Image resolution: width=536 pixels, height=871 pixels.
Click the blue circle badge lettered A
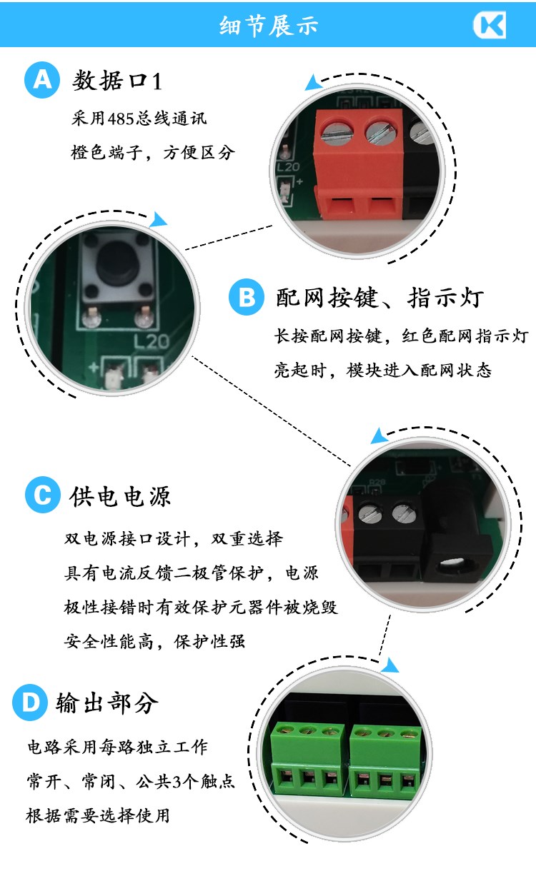click(x=42, y=80)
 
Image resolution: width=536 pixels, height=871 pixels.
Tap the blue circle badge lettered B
click(x=247, y=297)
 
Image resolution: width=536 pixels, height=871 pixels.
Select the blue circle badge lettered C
click(x=43, y=495)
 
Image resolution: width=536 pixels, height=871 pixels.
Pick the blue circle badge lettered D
click(x=30, y=703)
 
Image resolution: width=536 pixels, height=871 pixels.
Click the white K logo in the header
click(x=490, y=24)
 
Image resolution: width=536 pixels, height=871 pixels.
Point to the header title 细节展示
click(x=269, y=26)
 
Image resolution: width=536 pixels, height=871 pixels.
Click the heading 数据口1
click(x=117, y=81)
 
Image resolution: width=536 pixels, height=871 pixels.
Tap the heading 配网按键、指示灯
click(x=380, y=298)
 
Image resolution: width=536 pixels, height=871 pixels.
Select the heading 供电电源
click(x=120, y=497)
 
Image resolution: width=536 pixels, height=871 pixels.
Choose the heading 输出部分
click(x=107, y=703)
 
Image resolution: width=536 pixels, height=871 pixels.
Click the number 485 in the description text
click(x=121, y=119)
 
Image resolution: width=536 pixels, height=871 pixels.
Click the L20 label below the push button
click(x=152, y=341)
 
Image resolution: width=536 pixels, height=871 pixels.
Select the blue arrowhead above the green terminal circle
click(x=390, y=665)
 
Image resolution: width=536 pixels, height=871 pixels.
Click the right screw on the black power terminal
click(x=404, y=513)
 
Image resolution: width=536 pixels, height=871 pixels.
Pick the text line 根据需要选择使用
click(x=98, y=815)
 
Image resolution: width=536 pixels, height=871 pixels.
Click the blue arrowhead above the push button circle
click(x=159, y=220)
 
